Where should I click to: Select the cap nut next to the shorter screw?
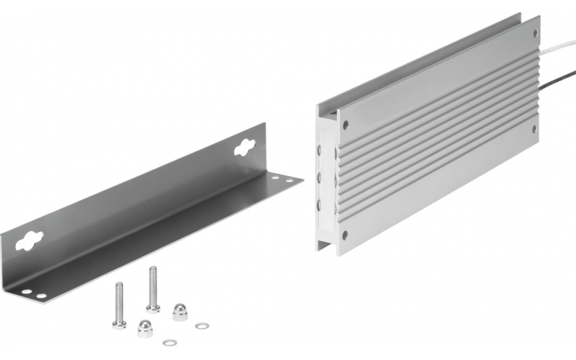pos(145,328)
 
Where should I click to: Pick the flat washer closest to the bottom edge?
pos(169,342)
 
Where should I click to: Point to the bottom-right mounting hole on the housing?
pos(534,129)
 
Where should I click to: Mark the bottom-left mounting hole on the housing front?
pos(345,234)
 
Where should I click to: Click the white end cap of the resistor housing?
pos(326,180)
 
